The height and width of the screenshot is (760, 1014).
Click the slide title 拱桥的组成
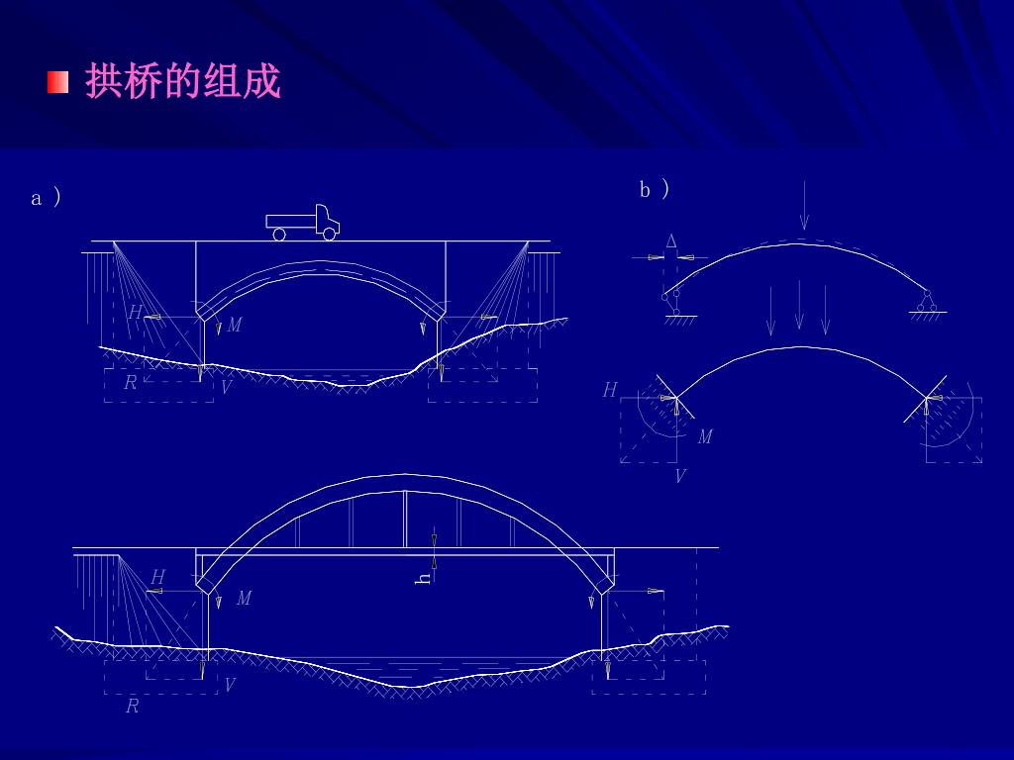(183, 82)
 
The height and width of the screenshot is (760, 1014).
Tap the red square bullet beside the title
(57, 82)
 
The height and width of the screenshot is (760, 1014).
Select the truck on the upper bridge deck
(303, 224)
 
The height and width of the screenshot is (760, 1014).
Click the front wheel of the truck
(329, 235)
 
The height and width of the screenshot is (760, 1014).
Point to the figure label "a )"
(46, 198)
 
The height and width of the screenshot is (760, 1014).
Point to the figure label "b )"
(655, 189)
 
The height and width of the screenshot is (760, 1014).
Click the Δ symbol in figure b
(671, 241)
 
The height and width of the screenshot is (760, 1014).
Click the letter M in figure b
(705, 436)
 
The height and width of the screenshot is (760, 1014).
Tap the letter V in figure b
(680, 477)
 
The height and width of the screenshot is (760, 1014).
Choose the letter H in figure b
(610, 391)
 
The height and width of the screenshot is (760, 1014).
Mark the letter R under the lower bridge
(132, 707)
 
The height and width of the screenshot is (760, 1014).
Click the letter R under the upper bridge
(130, 383)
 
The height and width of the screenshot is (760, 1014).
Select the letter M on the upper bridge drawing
(234, 326)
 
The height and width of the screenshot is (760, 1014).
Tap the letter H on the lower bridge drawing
(157, 577)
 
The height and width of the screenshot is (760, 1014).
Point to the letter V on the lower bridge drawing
(230, 685)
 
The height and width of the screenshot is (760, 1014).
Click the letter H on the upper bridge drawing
(135, 313)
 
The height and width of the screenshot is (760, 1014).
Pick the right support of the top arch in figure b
(928, 302)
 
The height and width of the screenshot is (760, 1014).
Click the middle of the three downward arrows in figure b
(799, 306)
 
